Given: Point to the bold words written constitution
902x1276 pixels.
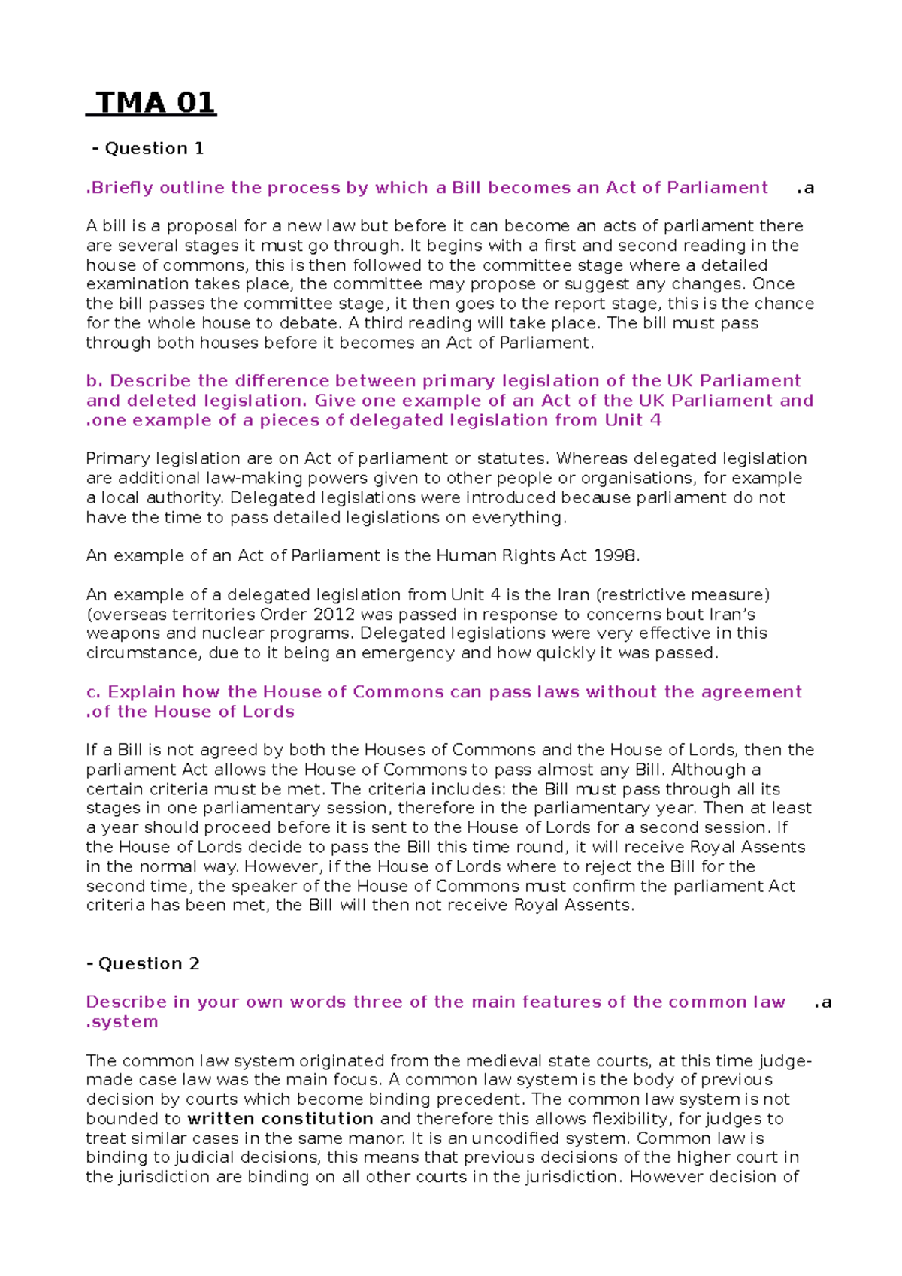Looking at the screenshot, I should (280, 1118).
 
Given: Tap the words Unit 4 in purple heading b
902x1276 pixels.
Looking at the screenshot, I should (633, 420).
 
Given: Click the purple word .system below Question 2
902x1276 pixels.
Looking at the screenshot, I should (123, 1022).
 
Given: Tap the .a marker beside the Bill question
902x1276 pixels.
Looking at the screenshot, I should (806, 189).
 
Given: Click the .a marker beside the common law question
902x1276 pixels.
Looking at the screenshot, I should (823, 1002).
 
